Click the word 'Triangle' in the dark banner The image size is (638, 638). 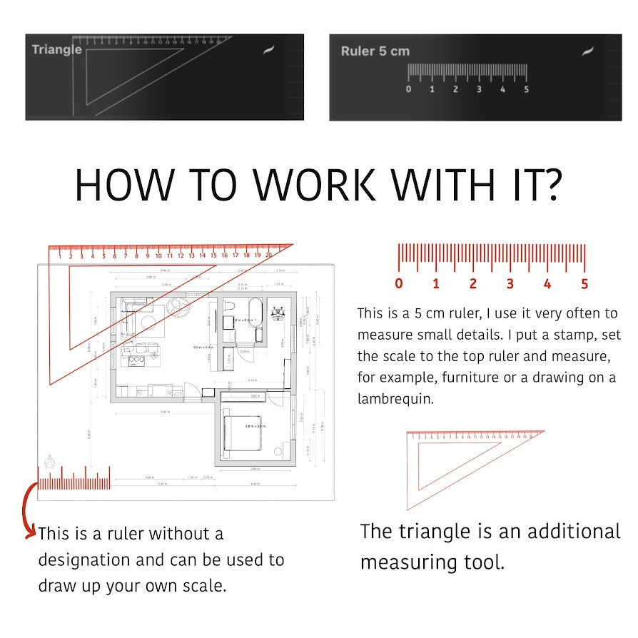56,50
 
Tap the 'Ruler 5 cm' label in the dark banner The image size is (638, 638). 375,51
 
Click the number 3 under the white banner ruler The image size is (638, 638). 479,90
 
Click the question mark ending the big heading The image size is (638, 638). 550,186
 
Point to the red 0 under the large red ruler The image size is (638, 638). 398,284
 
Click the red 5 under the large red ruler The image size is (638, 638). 584,284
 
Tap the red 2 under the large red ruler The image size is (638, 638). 472,284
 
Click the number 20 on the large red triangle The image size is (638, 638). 268,255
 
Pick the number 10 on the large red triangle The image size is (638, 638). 158,255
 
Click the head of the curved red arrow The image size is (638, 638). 31,532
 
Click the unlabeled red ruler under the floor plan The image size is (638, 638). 74,481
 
